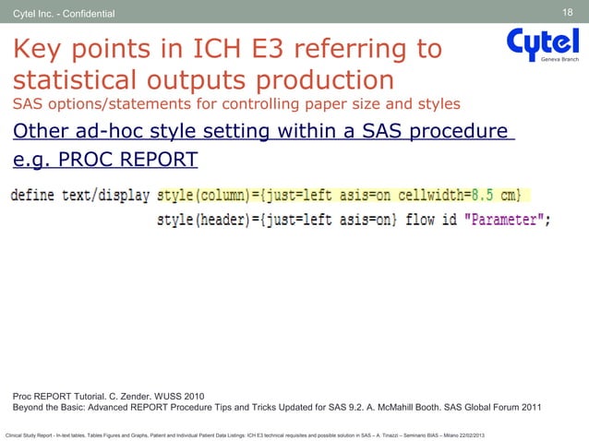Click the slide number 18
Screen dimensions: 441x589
coord(568,12)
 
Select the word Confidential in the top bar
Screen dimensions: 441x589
coord(86,14)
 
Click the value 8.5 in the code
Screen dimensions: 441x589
coord(482,195)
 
